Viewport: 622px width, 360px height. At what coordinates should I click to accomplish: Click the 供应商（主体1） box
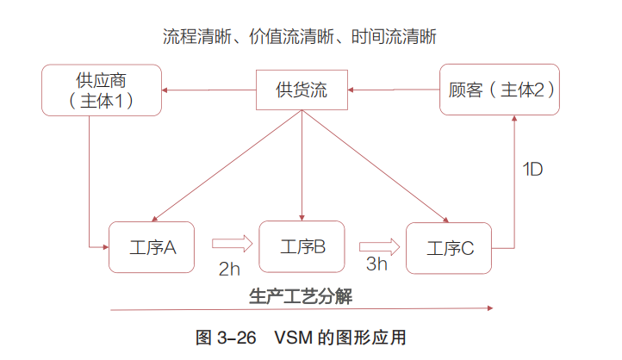(102, 90)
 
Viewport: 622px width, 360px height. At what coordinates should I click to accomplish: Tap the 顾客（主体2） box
(501, 90)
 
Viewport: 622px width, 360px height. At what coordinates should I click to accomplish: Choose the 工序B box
(302, 246)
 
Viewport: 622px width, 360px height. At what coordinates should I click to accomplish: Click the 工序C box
(451, 248)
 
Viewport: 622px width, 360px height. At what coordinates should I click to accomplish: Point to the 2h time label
(229, 268)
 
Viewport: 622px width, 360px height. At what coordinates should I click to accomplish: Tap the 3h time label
(377, 264)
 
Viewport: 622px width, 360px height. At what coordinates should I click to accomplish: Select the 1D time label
(532, 169)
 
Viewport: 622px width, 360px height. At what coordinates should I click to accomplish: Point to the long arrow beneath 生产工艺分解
(302, 308)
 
